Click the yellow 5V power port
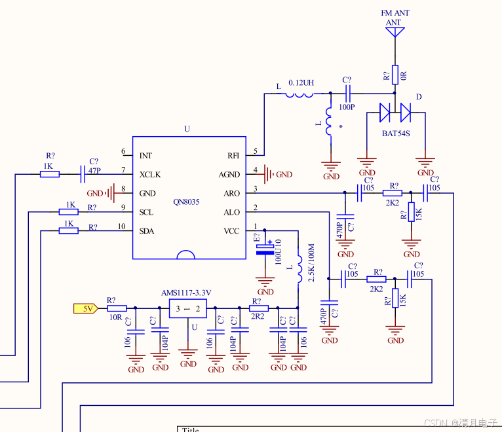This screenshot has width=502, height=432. coord(86,308)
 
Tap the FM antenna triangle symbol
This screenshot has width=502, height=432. coord(395,31)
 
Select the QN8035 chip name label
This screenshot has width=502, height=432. coord(186,202)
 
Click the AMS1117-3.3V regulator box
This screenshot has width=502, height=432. coord(187,308)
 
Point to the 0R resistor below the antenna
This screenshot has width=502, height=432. coord(395,75)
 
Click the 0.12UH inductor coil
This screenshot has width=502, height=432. coord(299,95)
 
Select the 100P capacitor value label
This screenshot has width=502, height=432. coord(347,107)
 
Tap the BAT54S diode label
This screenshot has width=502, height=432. coord(396,134)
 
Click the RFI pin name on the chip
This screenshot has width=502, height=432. coord(233,156)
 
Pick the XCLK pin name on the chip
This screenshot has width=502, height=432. coord(150,175)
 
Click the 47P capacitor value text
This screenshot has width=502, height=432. coord(94,171)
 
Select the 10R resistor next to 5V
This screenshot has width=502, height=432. coord(117,308)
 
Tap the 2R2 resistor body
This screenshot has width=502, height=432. coord(259,308)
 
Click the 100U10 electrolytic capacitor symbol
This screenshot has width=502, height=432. coord(265,249)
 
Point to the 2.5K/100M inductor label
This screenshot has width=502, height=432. coord(311,263)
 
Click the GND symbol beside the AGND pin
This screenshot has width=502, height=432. coord(269,174)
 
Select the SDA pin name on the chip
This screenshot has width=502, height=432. coord(147,231)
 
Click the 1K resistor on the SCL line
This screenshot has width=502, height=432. coord(69,211)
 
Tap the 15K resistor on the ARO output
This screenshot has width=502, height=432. coord(412,212)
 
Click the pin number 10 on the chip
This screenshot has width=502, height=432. coord(121,226)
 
